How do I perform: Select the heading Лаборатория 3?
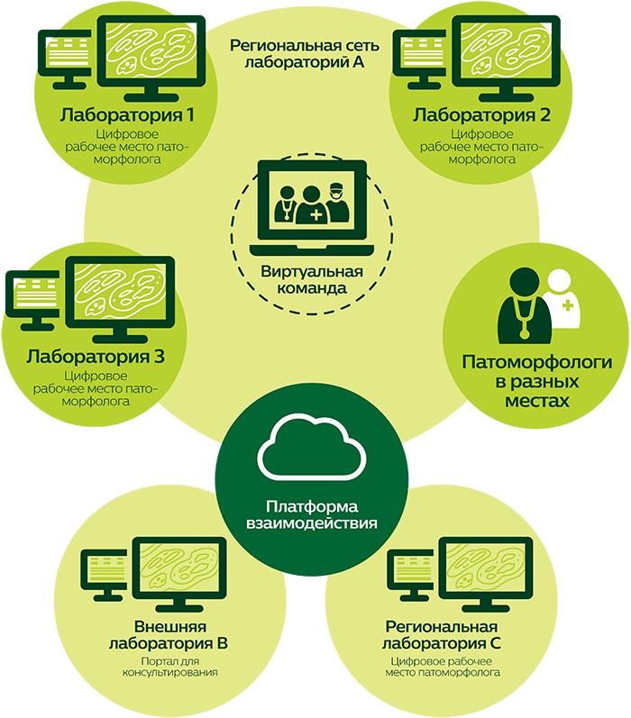[95, 357]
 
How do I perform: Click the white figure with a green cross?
[562, 301]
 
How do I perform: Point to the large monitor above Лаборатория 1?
[153, 54]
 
